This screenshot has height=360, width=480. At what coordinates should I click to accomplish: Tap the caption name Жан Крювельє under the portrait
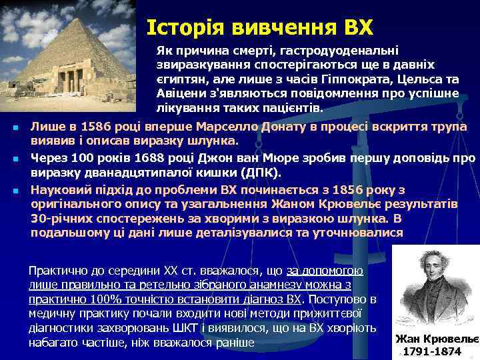point(437,338)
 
